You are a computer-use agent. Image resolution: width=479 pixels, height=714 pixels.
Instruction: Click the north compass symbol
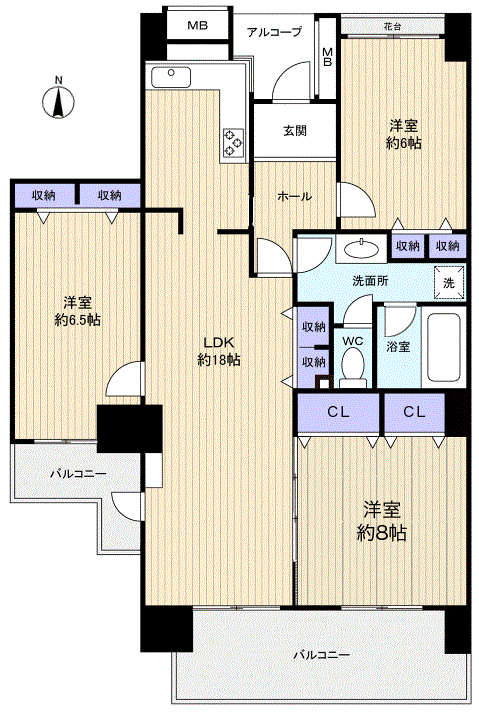tap(58, 101)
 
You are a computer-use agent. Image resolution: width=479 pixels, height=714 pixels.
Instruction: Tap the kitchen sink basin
tap(171, 77)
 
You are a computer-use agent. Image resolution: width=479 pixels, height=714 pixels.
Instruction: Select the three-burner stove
tap(234, 143)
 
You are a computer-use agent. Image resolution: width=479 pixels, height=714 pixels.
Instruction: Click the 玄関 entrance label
tap(295, 131)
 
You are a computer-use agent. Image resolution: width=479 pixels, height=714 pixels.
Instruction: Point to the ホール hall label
tap(295, 196)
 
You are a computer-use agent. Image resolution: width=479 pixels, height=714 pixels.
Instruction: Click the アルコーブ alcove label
tap(274, 32)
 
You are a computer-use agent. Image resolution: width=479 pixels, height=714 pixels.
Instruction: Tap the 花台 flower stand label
tap(392, 26)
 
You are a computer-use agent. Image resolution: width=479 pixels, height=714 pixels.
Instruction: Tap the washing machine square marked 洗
tap(449, 282)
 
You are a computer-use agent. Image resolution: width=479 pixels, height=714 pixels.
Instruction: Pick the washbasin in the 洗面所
tap(362, 249)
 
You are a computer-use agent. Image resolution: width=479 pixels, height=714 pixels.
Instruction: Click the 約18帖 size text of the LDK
tap(219, 360)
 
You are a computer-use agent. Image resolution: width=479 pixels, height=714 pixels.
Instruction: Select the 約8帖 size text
tap(382, 532)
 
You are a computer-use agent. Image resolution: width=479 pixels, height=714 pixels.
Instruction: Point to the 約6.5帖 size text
tap(77, 320)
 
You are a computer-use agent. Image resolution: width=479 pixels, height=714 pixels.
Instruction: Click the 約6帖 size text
tap(404, 143)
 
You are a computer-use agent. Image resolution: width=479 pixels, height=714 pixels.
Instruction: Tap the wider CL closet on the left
tap(339, 413)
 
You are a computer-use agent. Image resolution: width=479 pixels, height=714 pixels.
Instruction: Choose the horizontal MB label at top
tap(198, 26)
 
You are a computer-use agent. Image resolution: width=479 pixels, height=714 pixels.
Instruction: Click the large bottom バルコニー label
tap(322, 655)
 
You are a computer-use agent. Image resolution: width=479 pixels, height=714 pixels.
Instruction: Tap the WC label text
tap(352, 341)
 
